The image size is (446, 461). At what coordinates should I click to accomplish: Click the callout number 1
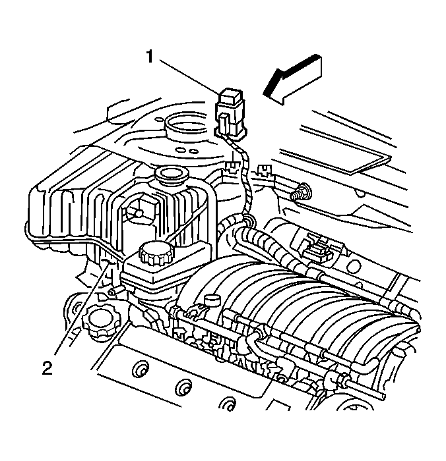point(150,58)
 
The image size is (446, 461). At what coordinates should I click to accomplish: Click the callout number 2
point(47,367)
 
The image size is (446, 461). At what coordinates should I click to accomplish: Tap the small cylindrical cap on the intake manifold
point(211,302)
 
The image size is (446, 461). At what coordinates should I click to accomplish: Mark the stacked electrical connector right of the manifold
point(321,249)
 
